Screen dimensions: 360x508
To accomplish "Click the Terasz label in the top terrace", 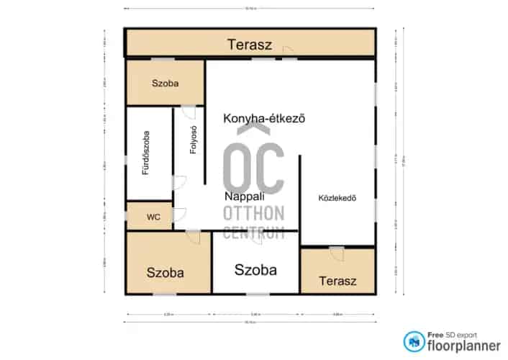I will coord(250,45).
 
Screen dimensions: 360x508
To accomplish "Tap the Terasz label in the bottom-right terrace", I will coord(337,279).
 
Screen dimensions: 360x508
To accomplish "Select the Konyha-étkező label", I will coord(265,119).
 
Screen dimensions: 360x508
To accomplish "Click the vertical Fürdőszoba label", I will coord(145,153).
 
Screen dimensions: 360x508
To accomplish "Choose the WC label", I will coord(153,216).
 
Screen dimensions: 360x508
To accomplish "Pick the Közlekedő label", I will coord(337,198).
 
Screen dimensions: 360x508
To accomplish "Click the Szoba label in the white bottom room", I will coord(255,270).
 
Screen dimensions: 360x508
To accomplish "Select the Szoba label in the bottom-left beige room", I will coord(165,273).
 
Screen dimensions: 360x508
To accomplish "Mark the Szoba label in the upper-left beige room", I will coord(165,84).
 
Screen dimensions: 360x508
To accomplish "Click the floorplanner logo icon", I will coord(413,341).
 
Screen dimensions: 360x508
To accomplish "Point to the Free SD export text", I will coord(453,334).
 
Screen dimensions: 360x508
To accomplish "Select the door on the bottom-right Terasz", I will coord(336,252).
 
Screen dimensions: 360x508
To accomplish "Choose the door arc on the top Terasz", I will coord(287,50).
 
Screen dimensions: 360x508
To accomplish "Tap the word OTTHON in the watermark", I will coord(253,213).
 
